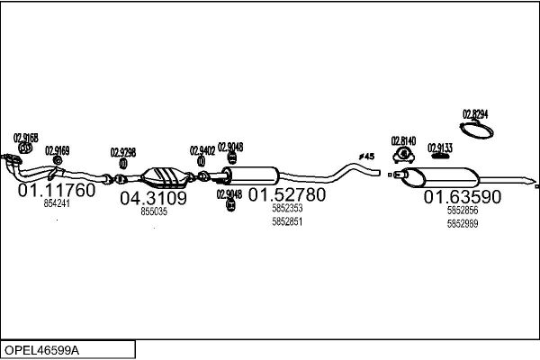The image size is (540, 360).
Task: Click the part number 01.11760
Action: [56, 191]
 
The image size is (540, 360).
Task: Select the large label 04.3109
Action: [153, 198]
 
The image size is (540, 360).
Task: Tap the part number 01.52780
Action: [287, 194]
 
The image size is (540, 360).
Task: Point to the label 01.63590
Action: [463, 196]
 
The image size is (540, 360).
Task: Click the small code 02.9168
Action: [25, 138]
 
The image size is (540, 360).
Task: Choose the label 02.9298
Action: [123, 152]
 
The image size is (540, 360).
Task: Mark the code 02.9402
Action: [202, 150]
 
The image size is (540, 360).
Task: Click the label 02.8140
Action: [403, 140]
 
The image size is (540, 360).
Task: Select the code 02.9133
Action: [440, 148]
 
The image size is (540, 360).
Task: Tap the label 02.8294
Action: [475, 113]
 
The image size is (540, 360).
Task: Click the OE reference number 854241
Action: [57, 204]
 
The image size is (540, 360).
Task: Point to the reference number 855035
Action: [154, 211]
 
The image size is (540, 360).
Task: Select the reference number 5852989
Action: [463, 223]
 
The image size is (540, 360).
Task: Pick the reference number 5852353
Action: [287, 208]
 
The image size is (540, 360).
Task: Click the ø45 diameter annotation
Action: [366, 157]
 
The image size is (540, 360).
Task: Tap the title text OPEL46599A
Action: [42, 349]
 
